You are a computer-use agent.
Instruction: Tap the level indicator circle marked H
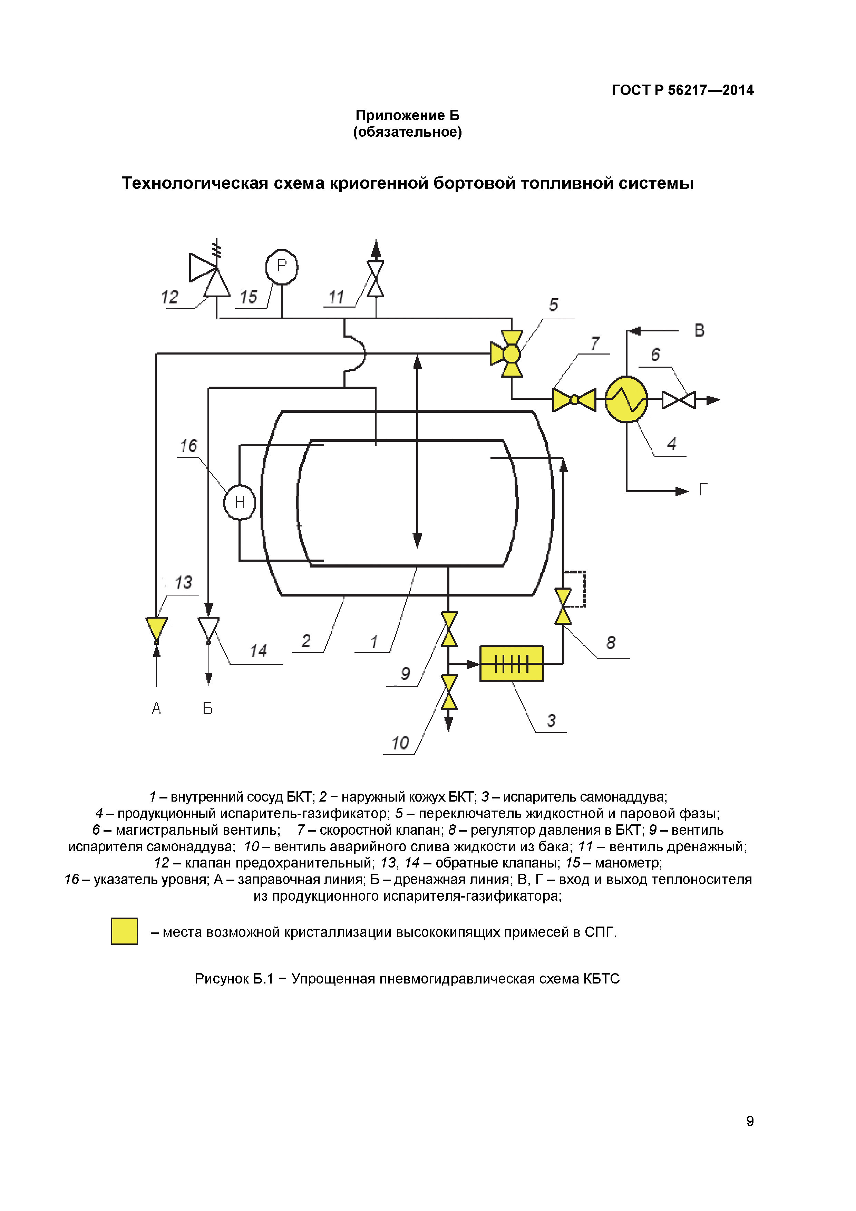pyautogui.click(x=240, y=502)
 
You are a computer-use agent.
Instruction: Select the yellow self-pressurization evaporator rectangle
pyautogui.click(x=511, y=663)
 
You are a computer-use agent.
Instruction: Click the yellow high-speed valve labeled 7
pyautogui.click(x=574, y=399)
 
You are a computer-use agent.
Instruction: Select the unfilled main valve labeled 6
pyautogui.click(x=678, y=399)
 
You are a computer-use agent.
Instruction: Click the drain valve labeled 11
pyautogui.click(x=376, y=279)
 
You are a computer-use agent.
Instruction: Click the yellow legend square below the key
pyautogui.click(x=125, y=931)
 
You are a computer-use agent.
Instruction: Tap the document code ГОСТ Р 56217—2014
pyautogui.click(x=682, y=90)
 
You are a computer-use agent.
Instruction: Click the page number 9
pyautogui.click(x=749, y=1121)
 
